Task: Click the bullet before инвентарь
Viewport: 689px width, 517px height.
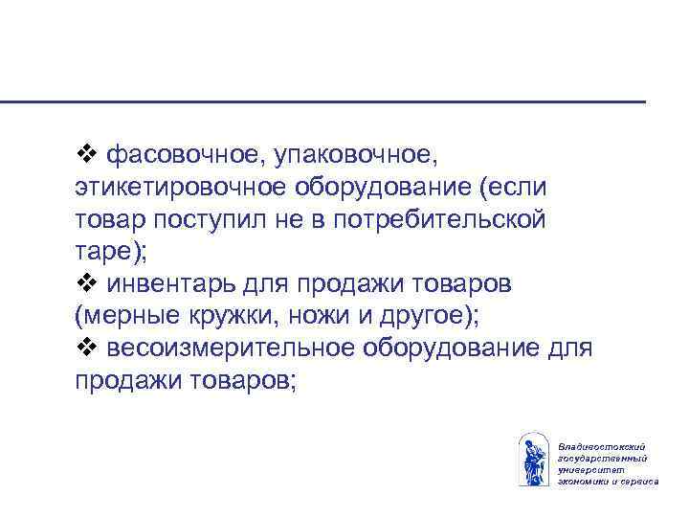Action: [86, 284]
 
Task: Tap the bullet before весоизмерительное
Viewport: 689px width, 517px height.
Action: [86, 348]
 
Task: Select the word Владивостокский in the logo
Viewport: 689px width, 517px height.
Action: [600, 448]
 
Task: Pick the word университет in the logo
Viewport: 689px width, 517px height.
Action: [589, 469]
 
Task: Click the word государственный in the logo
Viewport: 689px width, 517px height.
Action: [601, 459]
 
